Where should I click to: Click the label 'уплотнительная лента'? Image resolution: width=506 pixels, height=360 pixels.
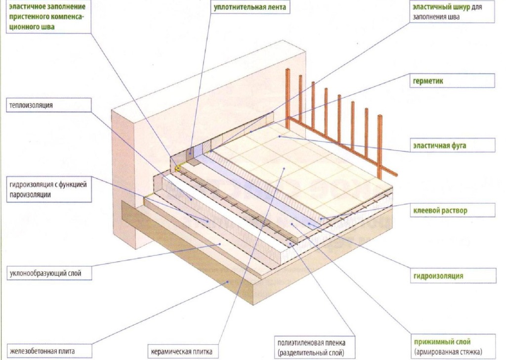pos(243,8)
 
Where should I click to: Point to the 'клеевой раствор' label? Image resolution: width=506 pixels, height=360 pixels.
pos(440,211)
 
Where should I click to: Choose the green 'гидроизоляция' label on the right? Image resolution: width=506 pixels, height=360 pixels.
pos(439,276)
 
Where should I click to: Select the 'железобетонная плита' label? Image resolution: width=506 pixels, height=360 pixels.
pos(42,351)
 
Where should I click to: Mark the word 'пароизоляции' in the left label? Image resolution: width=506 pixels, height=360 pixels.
pos(30,195)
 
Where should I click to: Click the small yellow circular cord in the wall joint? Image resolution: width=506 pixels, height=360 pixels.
pos(177,168)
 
